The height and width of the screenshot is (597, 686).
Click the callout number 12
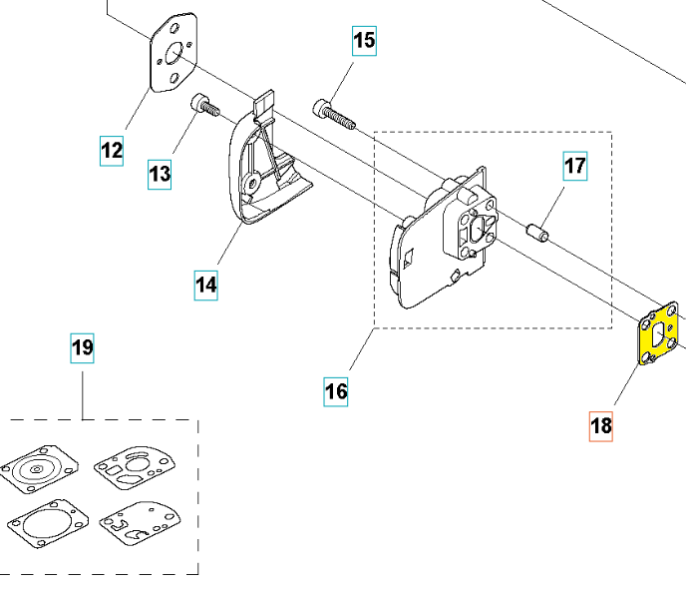(x=112, y=151)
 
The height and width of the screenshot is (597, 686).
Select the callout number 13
(x=160, y=174)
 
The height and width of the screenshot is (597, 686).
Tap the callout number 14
(x=205, y=285)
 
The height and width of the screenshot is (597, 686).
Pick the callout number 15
(x=364, y=41)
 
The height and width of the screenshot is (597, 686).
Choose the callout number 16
(x=336, y=391)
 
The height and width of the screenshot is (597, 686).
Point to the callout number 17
(x=575, y=166)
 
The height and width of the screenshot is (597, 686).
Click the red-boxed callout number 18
(x=601, y=426)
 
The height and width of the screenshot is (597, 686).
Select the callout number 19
(x=83, y=347)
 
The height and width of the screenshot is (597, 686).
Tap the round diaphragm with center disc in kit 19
(x=37, y=467)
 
